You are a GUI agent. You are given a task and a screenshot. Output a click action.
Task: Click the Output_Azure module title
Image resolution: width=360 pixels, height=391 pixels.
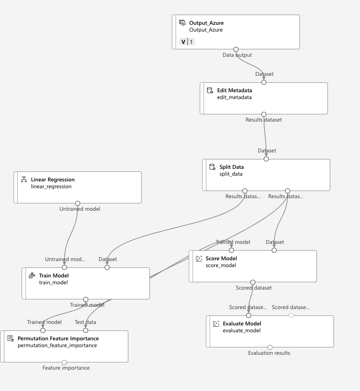[206, 23]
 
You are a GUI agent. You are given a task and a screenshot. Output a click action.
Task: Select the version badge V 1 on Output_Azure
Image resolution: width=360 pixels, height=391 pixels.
[187, 42]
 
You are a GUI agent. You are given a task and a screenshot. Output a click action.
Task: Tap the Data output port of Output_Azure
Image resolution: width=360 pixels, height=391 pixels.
[236, 50]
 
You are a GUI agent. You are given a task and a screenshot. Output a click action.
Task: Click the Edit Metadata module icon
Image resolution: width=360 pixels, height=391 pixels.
[210, 91]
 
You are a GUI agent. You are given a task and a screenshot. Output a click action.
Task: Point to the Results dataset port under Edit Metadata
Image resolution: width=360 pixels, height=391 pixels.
[264, 114]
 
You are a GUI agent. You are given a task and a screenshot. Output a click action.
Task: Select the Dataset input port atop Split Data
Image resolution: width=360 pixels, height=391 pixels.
[266, 159]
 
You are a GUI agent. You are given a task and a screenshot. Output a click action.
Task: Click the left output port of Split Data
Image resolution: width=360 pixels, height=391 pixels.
[245, 191]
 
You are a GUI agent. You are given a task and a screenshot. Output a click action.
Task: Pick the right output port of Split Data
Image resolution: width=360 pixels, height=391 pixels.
[288, 191]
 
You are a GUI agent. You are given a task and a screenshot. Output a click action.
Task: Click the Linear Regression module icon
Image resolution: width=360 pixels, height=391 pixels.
[24, 179]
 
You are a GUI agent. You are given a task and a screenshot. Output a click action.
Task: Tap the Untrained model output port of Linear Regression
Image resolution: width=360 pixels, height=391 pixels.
[78, 204]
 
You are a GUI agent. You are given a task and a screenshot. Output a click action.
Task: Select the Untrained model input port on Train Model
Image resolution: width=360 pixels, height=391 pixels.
[64, 268]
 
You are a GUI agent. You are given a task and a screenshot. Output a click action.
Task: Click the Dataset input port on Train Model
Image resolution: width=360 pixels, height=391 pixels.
[107, 268]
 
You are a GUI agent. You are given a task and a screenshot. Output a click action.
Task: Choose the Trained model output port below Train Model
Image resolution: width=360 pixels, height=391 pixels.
[86, 300]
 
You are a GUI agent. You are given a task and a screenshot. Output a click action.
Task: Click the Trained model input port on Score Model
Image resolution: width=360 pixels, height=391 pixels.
[231, 250]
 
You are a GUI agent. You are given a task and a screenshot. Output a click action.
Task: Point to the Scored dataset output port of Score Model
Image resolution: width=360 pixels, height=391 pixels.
[253, 282]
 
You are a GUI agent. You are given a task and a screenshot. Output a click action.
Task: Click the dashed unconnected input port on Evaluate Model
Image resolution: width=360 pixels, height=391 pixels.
[291, 316]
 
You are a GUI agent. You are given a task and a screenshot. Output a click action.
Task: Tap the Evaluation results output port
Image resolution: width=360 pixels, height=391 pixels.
[270, 348]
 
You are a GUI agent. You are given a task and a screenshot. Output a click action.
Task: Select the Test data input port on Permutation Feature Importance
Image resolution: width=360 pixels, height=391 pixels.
[86, 330]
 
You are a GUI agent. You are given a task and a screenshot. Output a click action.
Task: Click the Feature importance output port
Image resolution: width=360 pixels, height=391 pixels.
[64, 362]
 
